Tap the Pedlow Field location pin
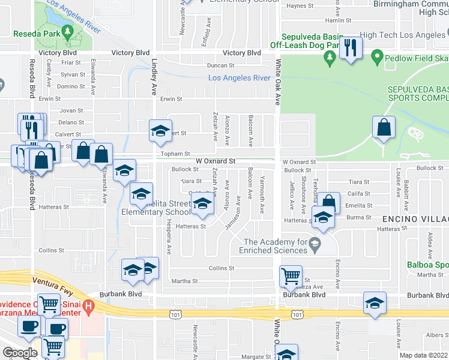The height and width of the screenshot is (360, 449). coord(377,58)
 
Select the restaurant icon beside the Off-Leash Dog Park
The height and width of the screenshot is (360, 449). coord(351,49)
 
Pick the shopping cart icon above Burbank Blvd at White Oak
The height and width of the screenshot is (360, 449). coord(291,277)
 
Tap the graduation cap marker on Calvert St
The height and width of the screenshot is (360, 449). coord(160,131)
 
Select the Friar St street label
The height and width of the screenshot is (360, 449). coord(70,62)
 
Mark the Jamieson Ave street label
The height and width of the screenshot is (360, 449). coord(237,214)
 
